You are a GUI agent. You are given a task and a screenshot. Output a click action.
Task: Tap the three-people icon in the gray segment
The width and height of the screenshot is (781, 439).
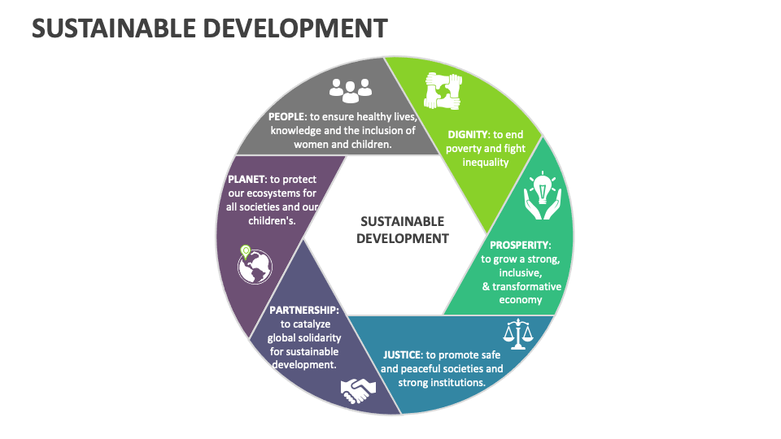[x=351, y=89]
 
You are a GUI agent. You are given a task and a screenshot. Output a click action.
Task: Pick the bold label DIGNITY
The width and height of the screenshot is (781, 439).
[x=468, y=134]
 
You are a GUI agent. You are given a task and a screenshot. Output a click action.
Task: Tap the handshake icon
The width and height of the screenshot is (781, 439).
[x=358, y=391]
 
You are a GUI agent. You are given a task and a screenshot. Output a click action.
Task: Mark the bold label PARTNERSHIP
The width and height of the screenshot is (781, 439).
[x=303, y=310]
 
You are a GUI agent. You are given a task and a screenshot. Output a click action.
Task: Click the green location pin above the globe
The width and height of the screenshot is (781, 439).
[x=246, y=250]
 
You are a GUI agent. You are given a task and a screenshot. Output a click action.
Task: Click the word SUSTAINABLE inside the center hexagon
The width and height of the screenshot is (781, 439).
[x=402, y=221]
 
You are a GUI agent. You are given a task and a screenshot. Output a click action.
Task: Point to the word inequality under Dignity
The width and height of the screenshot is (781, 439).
[x=486, y=162]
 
